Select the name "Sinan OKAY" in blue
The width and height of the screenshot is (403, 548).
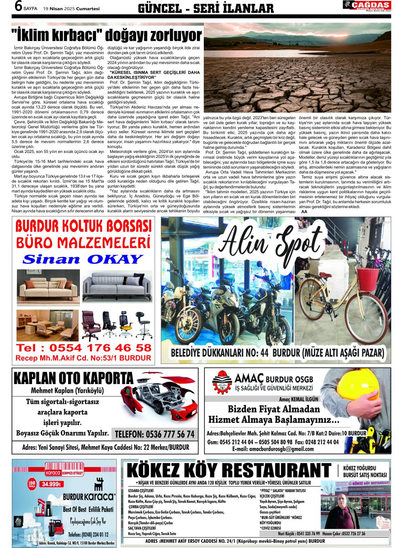(83, 259)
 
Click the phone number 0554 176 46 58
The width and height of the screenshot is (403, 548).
(83, 348)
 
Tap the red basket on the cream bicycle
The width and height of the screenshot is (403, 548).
(368, 279)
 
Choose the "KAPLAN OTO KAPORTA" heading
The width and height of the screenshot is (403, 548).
(74, 379)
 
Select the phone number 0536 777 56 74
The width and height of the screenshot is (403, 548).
(155, 434)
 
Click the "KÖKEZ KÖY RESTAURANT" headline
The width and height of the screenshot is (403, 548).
(229, 471)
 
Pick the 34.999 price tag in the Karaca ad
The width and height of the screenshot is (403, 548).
(50, 485)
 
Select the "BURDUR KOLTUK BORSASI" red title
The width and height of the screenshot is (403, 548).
(83, 227)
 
